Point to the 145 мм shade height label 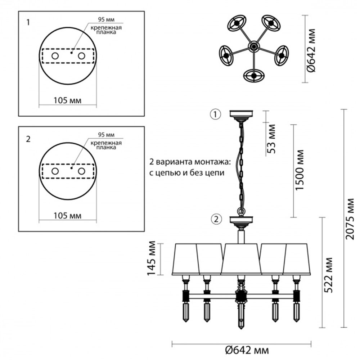[152, 258]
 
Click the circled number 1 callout [215, 114]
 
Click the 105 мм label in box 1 [67, 100]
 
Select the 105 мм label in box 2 [67, 216]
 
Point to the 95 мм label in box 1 [106, 20]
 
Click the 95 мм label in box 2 [106, 135]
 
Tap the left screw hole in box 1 [55, 56]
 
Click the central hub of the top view [254, 46]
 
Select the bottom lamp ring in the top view [254, 76]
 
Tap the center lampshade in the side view [241, 259]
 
